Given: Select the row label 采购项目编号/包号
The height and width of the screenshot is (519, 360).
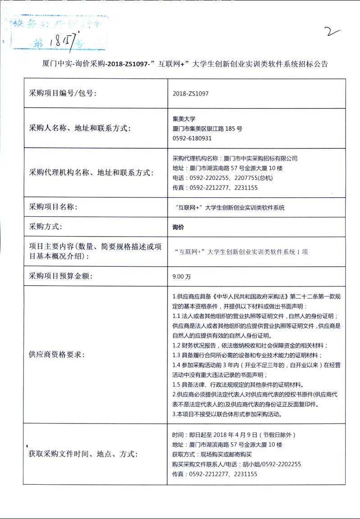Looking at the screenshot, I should click(63, 93).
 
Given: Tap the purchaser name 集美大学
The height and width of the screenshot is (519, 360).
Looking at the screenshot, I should click(183, 119).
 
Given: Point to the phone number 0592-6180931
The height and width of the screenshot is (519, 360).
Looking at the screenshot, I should click(192, 138).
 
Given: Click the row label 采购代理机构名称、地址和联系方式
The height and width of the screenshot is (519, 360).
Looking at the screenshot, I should click(91, 173).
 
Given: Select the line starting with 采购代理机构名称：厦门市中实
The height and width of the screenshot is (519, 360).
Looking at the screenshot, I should click(235, 159).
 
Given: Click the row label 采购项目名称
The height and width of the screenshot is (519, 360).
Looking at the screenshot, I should click(53, 207).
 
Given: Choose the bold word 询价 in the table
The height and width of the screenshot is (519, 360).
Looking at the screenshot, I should click(178, 227).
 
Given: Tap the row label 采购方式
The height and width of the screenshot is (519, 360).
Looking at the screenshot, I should click(46, 227).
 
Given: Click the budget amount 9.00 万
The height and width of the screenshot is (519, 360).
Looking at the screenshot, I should click(182, 276).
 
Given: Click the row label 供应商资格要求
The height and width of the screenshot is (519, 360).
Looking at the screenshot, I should click(57, 355).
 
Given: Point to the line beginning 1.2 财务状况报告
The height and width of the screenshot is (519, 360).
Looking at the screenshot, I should click(250, 346).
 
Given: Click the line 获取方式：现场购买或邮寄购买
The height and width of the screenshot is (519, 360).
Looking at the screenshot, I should click(213, 455).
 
